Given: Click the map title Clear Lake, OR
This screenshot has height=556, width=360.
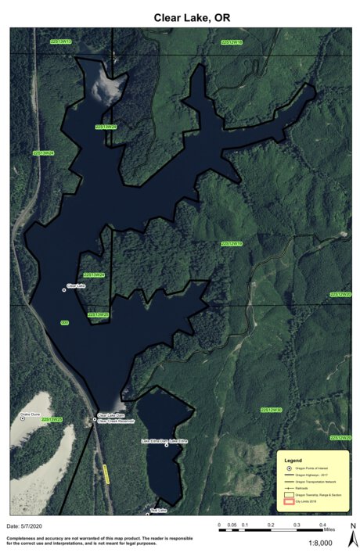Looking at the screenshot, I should (x=179, y=16).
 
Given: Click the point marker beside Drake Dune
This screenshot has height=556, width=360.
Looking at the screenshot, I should (x=23, y=418).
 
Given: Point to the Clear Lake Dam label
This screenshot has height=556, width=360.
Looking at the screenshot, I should (x=110, y=415).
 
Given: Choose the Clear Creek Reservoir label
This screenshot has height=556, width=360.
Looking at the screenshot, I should (x=116, y=421).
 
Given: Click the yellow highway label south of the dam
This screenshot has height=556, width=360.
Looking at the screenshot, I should (x=105, y=474).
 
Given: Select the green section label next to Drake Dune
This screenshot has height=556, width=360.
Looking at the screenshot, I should (x=52, y=420).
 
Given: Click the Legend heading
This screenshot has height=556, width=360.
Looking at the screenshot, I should (x=292, y=460).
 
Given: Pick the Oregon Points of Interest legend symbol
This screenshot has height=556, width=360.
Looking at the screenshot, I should (x=289, y=468).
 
